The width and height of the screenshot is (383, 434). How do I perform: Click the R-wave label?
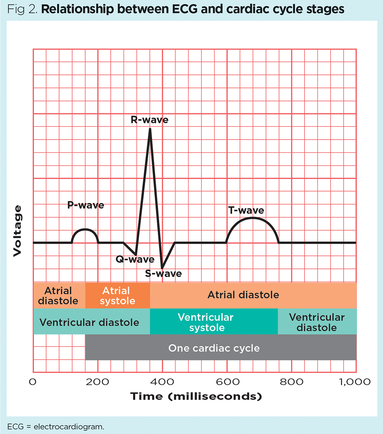[x=149, y=120]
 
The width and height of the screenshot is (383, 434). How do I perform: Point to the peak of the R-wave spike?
[x=150, y=129]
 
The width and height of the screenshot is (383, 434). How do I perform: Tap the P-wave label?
[x=85, y=205]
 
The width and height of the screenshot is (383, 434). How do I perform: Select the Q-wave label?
[x=135, y=260]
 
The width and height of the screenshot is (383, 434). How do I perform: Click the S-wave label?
[x=164, y=274]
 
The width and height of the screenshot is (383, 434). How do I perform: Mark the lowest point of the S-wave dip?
[x=162, y=268]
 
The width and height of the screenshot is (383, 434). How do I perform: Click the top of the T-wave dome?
[x=252, y=218]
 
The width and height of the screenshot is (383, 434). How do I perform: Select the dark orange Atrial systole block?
[x=118, y=296]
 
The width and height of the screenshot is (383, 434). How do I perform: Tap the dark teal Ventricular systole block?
[x=214, y=322]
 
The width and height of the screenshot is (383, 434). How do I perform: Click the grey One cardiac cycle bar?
[x=221, y=348]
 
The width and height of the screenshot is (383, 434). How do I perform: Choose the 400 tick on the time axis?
[x=162, y=382]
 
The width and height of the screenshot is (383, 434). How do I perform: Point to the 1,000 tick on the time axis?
[x=355, y=382]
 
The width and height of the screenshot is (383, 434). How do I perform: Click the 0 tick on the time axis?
[x=33, y=382]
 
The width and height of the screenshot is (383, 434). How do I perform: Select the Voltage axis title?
[x=17, y=231]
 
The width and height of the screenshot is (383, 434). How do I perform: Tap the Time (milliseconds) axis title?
[x=196, y=396]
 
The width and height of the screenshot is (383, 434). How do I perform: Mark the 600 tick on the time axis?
[x=227, y=382]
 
